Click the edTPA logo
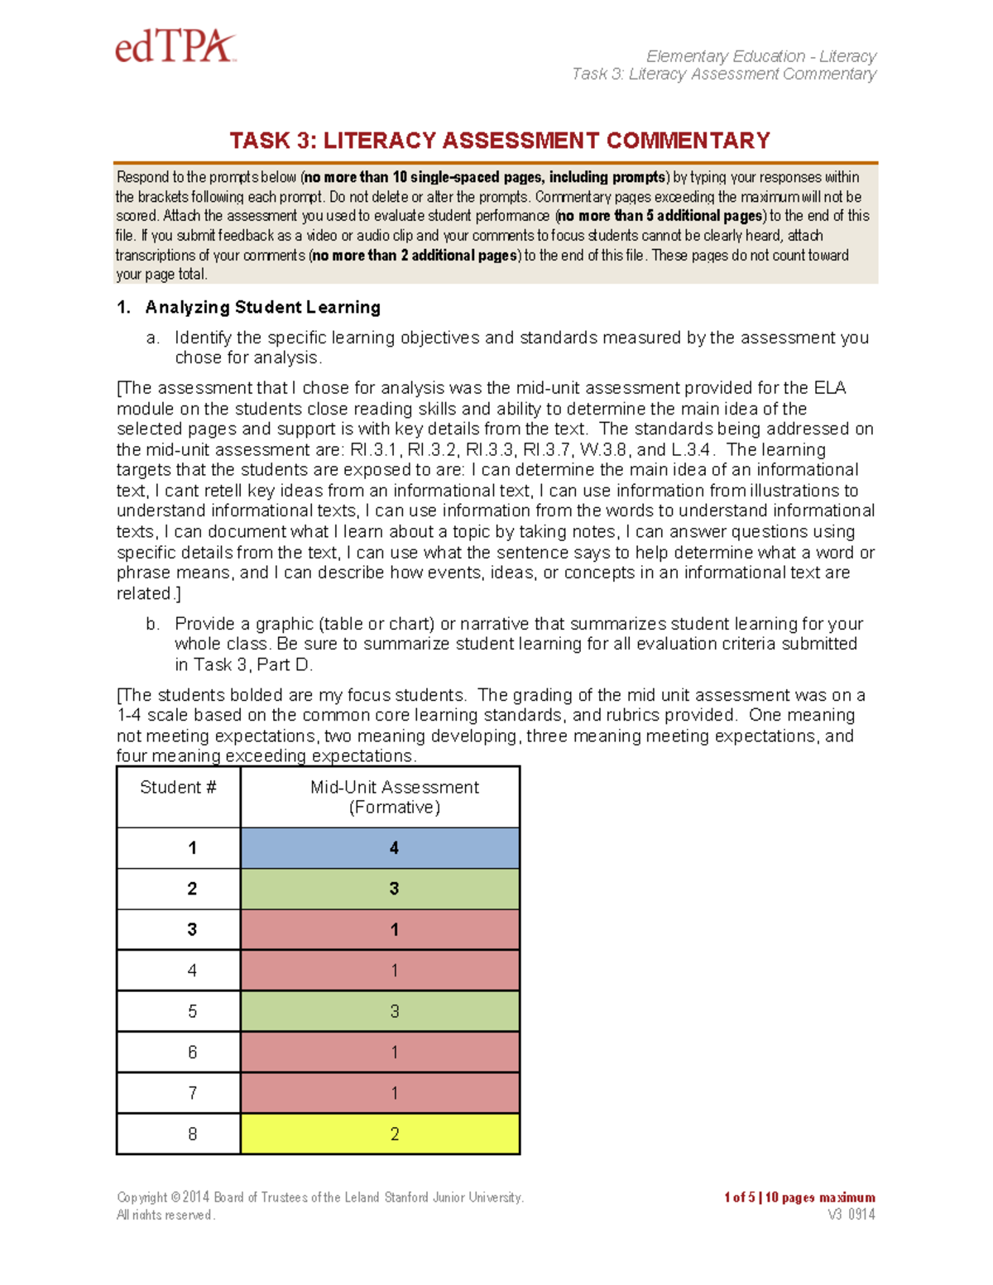pos(175,47)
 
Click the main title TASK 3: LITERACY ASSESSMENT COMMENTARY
pos(500,141)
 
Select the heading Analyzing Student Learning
pos(262,308)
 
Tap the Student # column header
pos(178,788)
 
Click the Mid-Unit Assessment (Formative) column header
pos(394,797)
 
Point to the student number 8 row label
pos(192,1134)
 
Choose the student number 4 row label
pos(192,971)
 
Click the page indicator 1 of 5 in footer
pos(739,1197)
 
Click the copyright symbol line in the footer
pos(319,1197)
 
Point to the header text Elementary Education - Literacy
pos(760,56)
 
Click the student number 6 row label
pos(192,1052)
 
